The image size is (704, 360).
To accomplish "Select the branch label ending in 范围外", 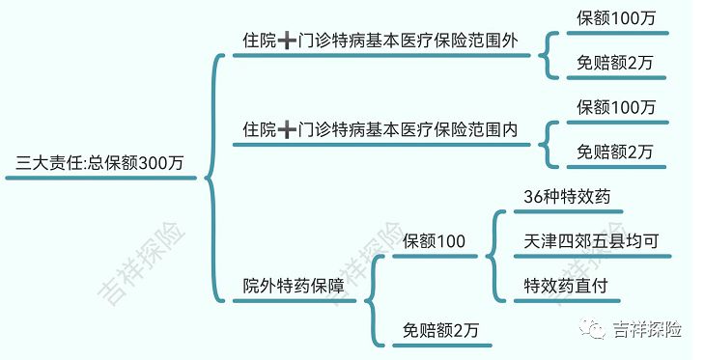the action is (x=380, y=42).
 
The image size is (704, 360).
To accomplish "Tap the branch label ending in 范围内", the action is (x=380, y=129).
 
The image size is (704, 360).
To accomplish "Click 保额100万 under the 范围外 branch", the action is (x=615, y=18).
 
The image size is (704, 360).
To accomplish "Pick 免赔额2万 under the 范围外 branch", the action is (x=615, y=63).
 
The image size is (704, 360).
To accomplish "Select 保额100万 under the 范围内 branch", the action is (x=615, y=106).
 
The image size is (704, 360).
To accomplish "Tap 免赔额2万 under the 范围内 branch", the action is (x=615, y=152).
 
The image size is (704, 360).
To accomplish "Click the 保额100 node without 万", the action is (x=435, y=240).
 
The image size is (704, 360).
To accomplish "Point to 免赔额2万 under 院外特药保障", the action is (x=440, y=330).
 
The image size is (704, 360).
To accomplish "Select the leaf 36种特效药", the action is (x=567, y=196).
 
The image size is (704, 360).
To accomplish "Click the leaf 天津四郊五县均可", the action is (x=591, y=240).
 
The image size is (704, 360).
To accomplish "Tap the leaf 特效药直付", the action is (x=567, y=286).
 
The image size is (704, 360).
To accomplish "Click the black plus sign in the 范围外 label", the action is (x=288, y=42).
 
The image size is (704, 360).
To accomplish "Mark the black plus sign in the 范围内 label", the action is (x=288, y=129).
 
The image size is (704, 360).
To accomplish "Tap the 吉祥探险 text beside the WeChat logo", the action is (x=648, y=330).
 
